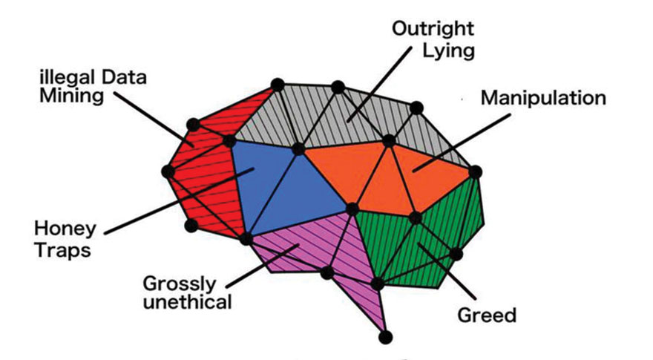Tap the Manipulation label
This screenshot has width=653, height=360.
pyautogui.click(x=542, y=98)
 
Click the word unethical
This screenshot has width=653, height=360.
pyautogui.click(x=188, y=302)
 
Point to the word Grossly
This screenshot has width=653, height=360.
pyautogui.click(x=180, y=284)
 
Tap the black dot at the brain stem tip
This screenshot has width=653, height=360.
pyautogui.click(x=384, y=338)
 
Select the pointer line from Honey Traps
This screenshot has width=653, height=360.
pyautogui.click(x=171, y=203)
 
